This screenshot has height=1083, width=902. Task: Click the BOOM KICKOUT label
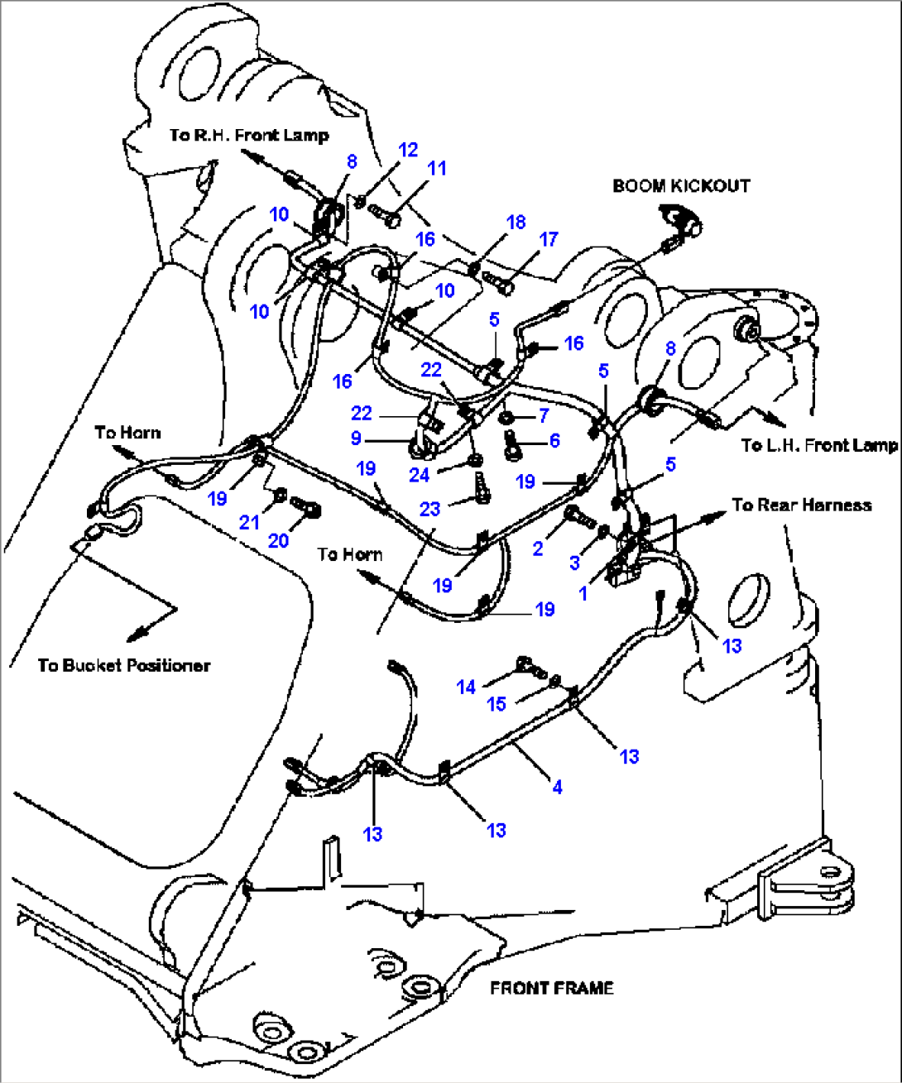click(681, 185)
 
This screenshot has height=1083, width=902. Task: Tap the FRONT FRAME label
click(551, 988)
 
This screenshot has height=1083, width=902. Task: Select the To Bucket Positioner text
click(124, 665)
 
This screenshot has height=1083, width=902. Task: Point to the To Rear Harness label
click(801, 505)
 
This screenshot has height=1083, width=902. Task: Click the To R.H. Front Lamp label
click(249, 135)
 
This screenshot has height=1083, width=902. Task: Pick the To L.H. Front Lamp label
click(819, 445)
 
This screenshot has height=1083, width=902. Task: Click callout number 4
click(557, 787)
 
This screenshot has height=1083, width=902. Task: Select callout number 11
click(437, 168)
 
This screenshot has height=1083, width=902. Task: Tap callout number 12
click(408, 150)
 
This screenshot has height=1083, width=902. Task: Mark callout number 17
click(549, 239)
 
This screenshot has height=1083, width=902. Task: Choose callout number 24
click(420, 476)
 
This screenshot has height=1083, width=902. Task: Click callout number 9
click(356, 438)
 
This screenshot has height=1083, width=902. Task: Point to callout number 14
click(466, 687)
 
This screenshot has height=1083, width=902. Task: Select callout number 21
click(249, 523)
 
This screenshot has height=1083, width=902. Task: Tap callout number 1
click(583, 593)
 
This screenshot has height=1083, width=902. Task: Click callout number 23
click(429, 510)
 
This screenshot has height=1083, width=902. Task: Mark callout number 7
click(543, 413)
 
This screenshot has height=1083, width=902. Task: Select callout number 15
click(496, 704)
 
